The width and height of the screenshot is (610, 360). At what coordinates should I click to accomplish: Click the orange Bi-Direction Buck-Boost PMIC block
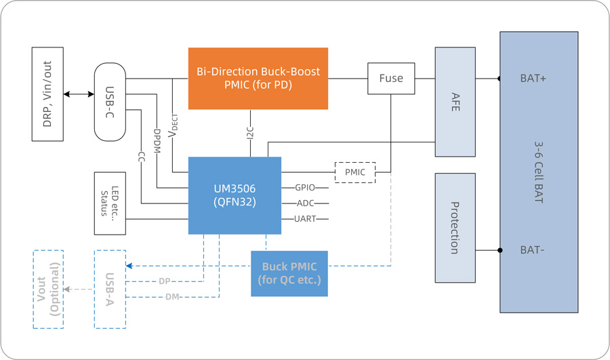pos(258,78)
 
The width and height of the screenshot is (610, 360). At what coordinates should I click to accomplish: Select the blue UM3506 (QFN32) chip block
pos(235,196)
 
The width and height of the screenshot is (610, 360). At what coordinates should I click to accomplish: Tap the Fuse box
pos(391,79)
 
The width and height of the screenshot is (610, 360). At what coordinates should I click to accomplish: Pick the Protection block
pos(455,228)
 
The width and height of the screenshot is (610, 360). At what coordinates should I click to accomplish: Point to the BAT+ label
pos(533,79)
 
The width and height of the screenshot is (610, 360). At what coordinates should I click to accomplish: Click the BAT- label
pos(533,250)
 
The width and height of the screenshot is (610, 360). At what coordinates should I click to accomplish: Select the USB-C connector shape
pos(110,102)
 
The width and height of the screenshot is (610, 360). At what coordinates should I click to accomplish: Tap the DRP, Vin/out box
pos(47,94)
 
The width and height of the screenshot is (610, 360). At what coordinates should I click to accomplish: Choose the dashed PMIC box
pos(355,172)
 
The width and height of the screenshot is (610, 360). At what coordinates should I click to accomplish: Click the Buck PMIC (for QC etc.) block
pos(289,273)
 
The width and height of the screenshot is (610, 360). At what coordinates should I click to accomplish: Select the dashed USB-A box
pos(110,289)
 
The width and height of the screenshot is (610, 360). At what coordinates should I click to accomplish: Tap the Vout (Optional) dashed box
pos(48,289)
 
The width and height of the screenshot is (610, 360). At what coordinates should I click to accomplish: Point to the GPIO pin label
pos(304,187)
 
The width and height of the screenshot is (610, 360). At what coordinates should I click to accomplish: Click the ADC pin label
pos(304,203)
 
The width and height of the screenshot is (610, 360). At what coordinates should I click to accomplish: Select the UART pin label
pos(304,219)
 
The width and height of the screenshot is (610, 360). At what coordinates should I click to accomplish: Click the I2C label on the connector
pos(250,133)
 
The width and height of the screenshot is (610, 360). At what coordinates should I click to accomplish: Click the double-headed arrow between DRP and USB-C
pos(79,94)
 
